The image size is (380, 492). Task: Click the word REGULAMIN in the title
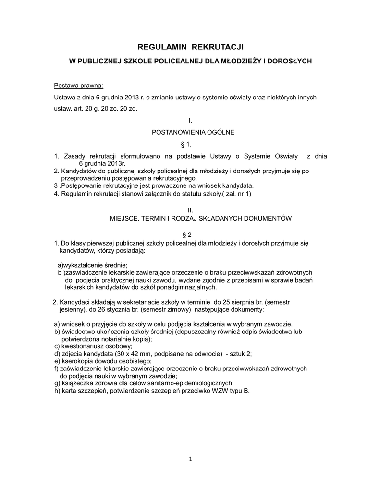click(x=162, y=47)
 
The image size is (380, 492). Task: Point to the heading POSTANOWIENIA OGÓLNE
click(x=193, y=132)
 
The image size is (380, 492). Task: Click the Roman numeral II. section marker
click(x=190, y=210)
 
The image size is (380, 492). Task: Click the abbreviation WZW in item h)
click(x=222, y=391)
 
